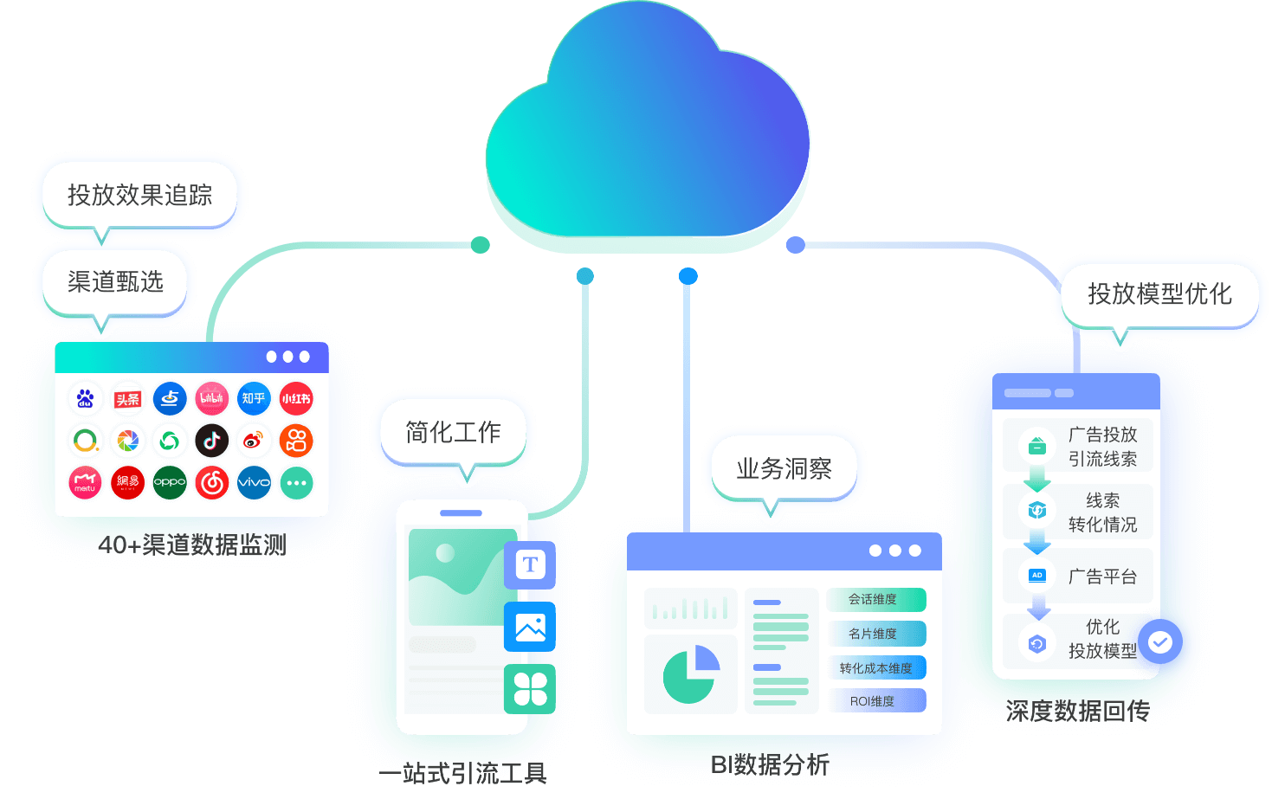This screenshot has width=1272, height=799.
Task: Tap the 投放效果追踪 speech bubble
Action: click(x=139, y=195)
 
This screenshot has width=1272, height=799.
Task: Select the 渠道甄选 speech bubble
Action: click(x=115, y=281)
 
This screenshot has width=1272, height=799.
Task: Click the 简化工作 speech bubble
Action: click(x=453, y=432)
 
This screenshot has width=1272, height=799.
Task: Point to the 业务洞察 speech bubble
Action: click(x=784, y=468)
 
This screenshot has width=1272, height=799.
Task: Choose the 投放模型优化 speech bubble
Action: click(x=1159, y=293)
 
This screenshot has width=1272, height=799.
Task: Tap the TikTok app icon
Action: click(x=211, y=441)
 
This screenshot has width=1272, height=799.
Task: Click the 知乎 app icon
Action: click(x=254, y=398)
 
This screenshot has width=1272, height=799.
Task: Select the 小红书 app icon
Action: click(x=296, y=398)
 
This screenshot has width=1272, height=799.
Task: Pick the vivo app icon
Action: click(x=254, y=482)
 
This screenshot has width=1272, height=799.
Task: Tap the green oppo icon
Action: click(x=170, y=482)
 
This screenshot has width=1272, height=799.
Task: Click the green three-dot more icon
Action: click(x=296, y=482)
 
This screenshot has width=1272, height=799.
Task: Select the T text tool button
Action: click(x=530, y=564)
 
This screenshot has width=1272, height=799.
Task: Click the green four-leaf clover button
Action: click(x=530, y=689)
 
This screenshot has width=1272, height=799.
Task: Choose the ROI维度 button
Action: click(x=875, y=701)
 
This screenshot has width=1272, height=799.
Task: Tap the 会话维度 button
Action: click(x=875, y=599)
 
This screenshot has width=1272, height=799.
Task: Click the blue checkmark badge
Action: click(x=1160, y=641)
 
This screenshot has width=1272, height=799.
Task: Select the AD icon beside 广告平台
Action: click(x=1036, y=576)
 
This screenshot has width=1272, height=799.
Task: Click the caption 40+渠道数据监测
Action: click(x=192, y=544)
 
